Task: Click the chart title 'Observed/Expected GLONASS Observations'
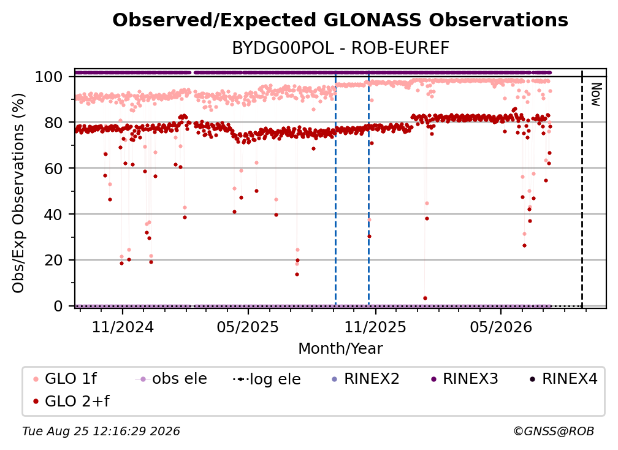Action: [340, 20]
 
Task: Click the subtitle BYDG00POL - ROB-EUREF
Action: [340, 48]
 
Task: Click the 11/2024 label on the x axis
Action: [123, 327]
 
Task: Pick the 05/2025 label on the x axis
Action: [248, 327]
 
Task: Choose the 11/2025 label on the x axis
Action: [375, 327]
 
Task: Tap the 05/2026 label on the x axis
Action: [500, 327]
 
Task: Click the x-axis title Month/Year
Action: [340, 349]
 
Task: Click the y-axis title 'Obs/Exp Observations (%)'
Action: [18, 193]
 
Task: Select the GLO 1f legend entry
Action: [65, 379]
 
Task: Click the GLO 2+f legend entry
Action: [71, 401]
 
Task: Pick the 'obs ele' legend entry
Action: [171, 379]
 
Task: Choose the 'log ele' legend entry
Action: [267, 379]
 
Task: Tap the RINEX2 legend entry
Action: [365, 379]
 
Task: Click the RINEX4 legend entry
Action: [563, 379]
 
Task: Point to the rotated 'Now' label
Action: [596, 94]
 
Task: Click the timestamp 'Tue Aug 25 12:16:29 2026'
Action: [101, 432]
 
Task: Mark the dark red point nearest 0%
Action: [425, 299]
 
